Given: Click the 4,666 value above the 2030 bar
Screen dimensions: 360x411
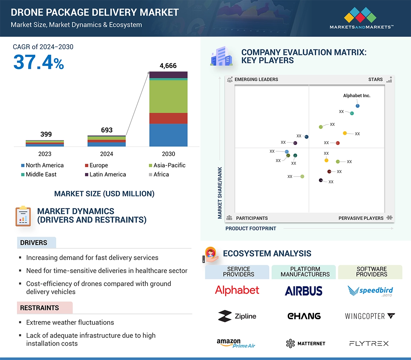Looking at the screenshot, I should pos(168,66).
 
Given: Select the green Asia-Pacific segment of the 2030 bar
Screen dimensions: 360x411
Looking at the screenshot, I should pos(168,96).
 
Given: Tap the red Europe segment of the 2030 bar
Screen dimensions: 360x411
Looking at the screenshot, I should pos(168,118).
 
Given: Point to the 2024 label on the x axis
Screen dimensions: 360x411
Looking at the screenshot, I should pos(106,154).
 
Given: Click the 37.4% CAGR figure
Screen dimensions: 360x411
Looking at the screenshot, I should pos(39,62).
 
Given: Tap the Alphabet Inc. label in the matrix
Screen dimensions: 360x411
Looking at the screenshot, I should pos(357,95).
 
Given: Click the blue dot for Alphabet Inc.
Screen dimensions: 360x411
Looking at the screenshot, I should pos(358,106).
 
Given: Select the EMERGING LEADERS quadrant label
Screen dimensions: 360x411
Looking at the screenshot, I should pos(256,79).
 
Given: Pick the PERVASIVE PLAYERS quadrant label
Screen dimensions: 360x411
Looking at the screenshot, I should pos(361,218).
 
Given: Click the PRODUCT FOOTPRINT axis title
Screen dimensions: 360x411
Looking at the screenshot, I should pos(251,228).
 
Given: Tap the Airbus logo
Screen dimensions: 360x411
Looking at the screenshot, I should pos(304,291).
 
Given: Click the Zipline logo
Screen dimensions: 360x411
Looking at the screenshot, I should pos(237,316).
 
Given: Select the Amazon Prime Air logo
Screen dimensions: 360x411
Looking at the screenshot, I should pos(236,343).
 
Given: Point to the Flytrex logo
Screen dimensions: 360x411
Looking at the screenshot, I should pos(369,344).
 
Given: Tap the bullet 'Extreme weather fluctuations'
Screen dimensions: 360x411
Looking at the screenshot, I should pos(70,322).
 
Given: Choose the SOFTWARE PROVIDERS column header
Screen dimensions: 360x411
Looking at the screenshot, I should pos(371,272).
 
